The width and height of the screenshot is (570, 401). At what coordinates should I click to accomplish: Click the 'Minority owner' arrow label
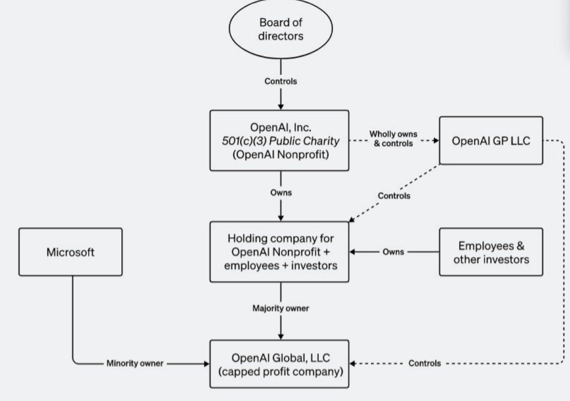135,363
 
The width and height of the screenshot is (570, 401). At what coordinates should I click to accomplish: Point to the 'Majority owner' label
281,309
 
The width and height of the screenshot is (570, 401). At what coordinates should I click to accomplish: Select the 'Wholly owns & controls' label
393,139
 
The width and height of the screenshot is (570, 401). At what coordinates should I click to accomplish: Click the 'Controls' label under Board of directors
281,82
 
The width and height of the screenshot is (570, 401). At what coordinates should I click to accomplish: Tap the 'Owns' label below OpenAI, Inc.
281,193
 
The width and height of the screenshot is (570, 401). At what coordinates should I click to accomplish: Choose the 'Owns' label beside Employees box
394,252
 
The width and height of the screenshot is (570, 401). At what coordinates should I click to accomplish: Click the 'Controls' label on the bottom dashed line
425,363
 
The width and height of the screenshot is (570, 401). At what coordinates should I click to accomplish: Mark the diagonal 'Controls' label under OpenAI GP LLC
394,196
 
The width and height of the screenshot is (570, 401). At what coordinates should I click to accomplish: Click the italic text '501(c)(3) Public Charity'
279,140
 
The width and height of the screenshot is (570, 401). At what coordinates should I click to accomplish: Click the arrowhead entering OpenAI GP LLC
435,140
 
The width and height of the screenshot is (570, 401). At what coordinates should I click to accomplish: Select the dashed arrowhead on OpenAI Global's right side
354,363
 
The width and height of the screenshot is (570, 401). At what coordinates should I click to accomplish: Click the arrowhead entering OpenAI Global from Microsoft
206,363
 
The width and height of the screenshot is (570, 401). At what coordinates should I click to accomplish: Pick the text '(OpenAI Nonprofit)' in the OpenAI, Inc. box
279,154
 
